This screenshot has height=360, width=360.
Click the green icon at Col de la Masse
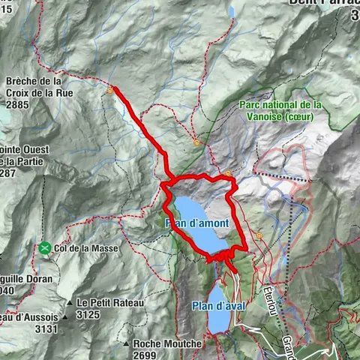(x=46, y=247)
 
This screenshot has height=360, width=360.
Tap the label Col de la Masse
(x=85, y=247)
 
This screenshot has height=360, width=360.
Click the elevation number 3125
(x=88, y=314)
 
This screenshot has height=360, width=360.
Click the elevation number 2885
(x=17, y=106)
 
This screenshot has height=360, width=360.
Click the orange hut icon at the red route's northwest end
(x=111, y=90)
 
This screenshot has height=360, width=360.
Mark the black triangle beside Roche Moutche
(x=126, y=344)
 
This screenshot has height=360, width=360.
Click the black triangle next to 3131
(x=66, y=317)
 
